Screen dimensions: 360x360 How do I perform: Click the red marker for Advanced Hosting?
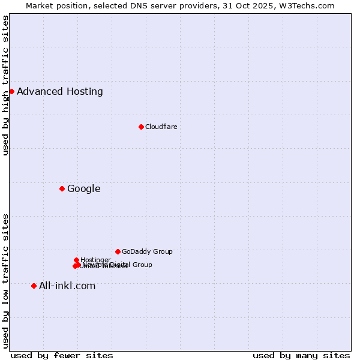pos(11,91)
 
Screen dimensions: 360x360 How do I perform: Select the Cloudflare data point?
pos(141,127)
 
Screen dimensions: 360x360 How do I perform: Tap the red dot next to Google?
pos(62,188)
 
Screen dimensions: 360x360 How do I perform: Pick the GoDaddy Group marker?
pos(118,251)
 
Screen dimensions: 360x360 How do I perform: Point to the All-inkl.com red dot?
pos(34,286)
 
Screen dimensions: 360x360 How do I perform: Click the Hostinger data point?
pos(76,260)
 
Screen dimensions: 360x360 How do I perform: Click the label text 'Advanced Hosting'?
pos(60,92)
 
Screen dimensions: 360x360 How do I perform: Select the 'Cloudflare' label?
pos(161,127)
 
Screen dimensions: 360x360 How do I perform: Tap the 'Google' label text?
pos(84,189)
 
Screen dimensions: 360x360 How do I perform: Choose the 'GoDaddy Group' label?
pos(147,251)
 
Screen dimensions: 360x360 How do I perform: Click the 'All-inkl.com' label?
pos(67,286)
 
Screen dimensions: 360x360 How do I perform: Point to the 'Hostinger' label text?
pos(95,260)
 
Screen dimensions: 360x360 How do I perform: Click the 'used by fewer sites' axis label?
pos(62,355)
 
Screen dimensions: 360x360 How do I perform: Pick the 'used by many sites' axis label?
pos(301,355)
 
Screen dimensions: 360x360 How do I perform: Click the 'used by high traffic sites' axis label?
pos(6,85)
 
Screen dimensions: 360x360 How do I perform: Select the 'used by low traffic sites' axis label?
pos(6,280)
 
